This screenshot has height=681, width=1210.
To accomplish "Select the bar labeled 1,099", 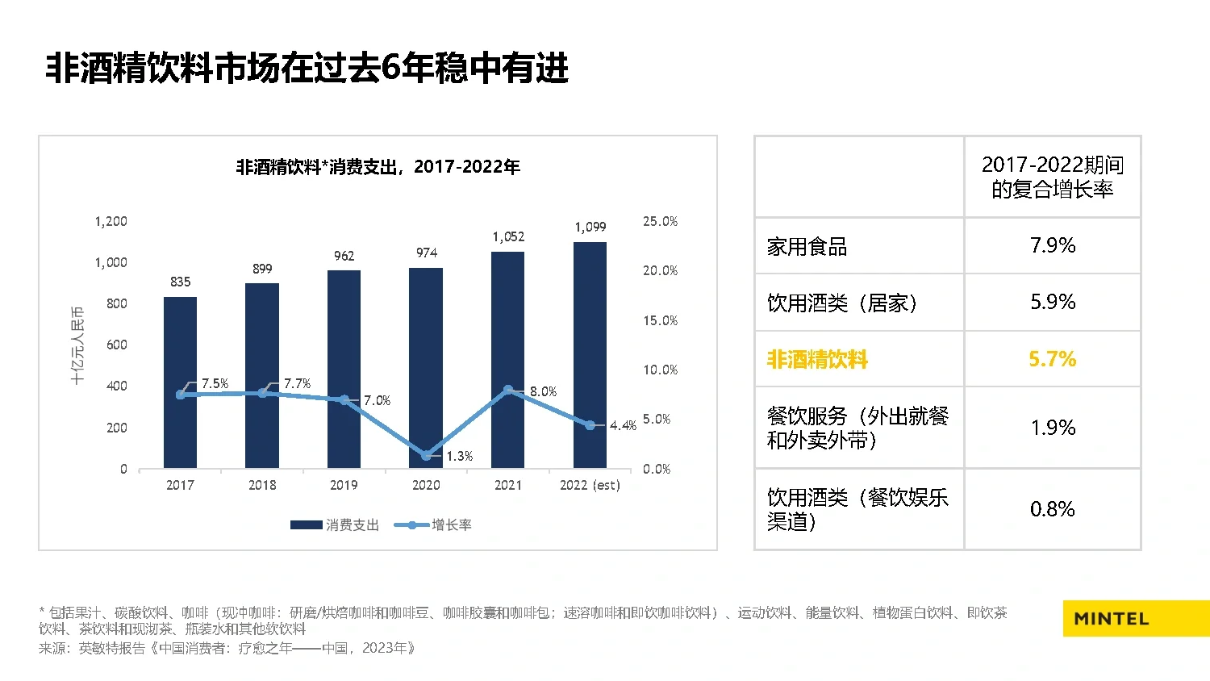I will click(590, 355).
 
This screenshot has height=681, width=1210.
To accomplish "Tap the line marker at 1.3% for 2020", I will click(426, 456).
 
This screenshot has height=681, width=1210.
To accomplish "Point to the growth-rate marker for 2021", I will click(508, 390).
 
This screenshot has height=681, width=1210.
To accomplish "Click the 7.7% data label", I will click(297, 384).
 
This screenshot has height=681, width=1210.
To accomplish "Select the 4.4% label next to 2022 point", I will click(623, 425).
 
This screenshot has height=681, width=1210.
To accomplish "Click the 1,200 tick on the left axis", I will click(111, 221).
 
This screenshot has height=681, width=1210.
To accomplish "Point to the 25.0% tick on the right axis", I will click(660, 221).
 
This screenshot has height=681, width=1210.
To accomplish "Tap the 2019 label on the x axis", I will click(344, 485).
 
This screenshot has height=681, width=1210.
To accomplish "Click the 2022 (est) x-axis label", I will click(590, 485).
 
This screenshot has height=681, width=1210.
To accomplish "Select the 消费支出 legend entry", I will click(335, 525).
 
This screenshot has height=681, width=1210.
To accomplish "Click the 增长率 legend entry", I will click(433, 525).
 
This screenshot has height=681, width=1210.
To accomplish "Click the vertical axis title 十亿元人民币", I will click(77, 345).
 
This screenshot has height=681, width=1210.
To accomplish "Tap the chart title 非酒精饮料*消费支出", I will click(378, 167).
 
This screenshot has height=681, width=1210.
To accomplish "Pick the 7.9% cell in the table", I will click(1052, 245).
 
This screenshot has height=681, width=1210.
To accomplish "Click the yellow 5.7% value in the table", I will click(1052, 359).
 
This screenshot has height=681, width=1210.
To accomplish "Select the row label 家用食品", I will click(807, 247).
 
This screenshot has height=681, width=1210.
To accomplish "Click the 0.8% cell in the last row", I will click(1052, 509).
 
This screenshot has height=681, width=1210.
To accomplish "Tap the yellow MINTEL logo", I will click(1135, 619).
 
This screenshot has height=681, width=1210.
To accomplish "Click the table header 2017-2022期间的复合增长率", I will click(1052, 177).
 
